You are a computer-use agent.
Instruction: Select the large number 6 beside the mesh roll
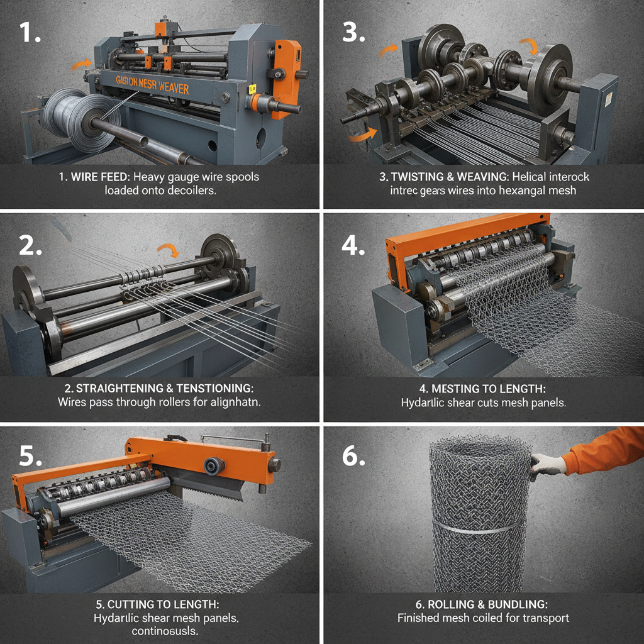click(353, 457)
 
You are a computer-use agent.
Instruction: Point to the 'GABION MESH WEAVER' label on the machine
click(152, 85)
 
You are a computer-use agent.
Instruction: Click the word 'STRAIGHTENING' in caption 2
click(108, 389)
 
